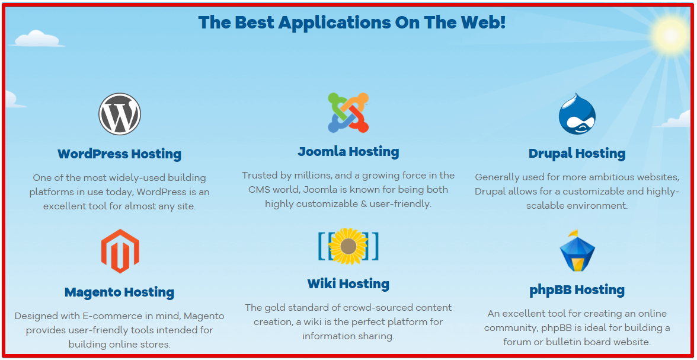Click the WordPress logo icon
coord(120,114)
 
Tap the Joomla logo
coord(348,113)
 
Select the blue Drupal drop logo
coord(577,113)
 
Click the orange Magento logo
coord(120,251)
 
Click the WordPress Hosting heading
coord(120,154)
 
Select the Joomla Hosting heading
coord(348,152)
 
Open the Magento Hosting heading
coord(120,292)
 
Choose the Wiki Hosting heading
coord(348,284)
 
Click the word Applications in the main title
coord(335,23)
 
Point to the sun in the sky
coord(670,35)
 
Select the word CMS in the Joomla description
coord(258,190)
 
